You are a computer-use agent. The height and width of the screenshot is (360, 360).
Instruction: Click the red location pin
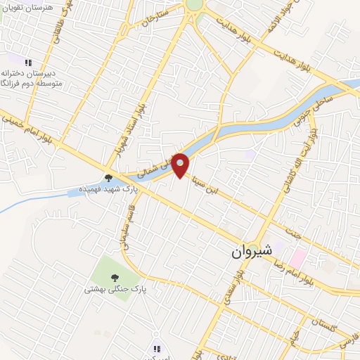click(181, 164)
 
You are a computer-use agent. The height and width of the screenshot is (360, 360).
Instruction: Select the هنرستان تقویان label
click(27, 5)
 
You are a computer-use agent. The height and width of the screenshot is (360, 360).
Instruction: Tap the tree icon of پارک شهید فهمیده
click(108, 178)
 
